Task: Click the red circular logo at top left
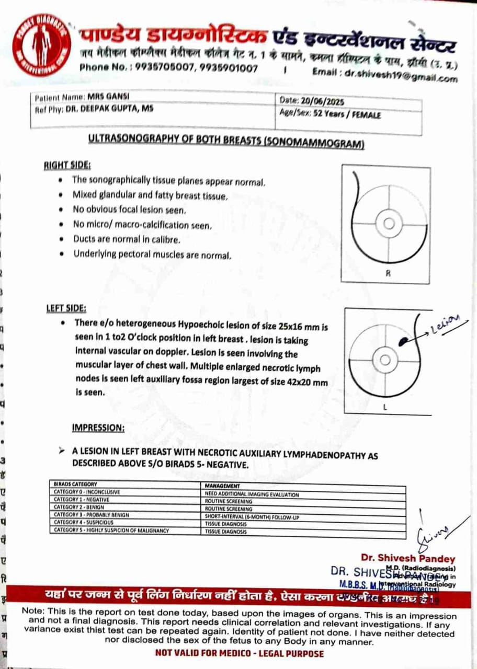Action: [x=41, y=45]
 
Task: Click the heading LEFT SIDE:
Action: [x=66, y=308]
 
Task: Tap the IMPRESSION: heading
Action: [x=98, y=428]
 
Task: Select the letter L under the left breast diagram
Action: [x=385, y=408]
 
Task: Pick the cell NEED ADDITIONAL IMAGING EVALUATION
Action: [x=252, y=494]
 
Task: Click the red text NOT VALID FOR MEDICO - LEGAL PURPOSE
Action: [x=240, y=653]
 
